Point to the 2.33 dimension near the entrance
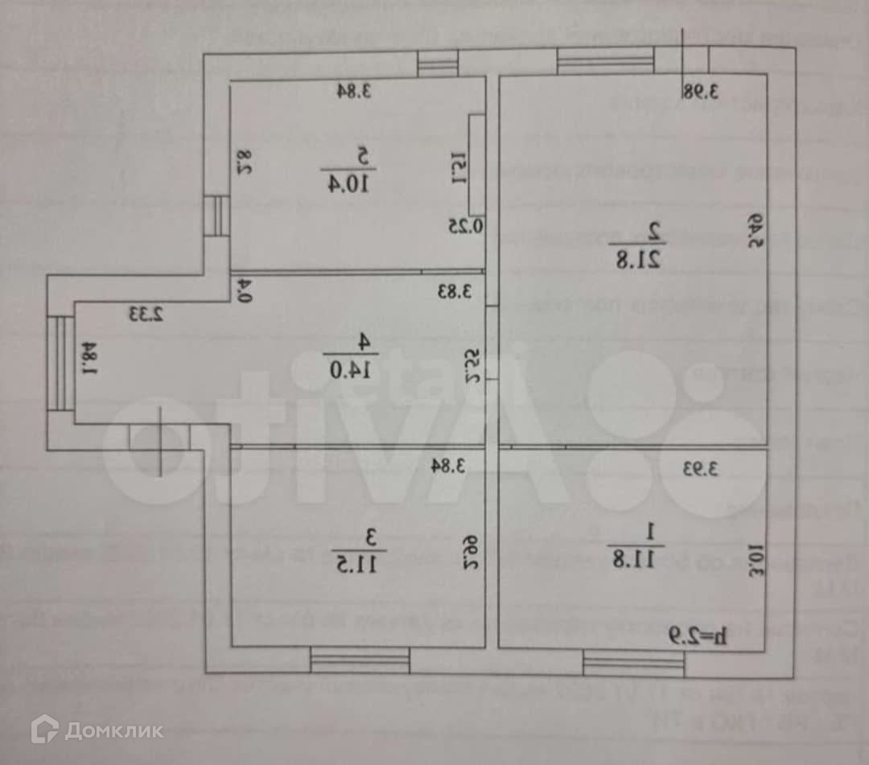tap(145, 314)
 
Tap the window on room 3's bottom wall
tap(360, 661)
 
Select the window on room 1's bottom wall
tap(633, 664)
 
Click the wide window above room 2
tap(605, 61)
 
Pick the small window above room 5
tap(439, 64)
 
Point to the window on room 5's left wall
tap(216, 216)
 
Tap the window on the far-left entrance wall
tap(61, 363)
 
